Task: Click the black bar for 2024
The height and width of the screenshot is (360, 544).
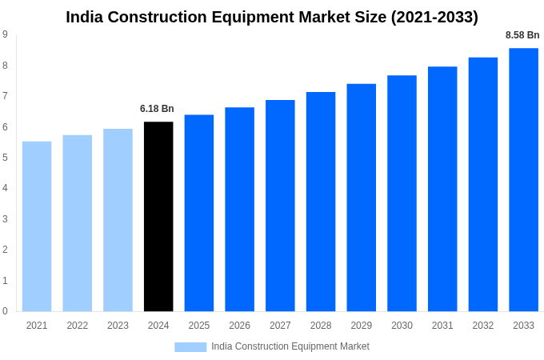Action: click(158, 216)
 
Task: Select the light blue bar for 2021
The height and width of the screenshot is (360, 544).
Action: click(37, 226)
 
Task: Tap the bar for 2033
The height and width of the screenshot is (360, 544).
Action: click(523, 179)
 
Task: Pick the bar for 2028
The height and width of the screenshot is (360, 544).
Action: click(321, 202)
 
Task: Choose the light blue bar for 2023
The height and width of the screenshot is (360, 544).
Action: click(118, 220)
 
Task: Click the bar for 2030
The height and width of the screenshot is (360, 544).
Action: click(402, 193)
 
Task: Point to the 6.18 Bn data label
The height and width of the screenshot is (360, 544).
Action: click(157, 109)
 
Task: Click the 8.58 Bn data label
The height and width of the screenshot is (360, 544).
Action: click(522, 35)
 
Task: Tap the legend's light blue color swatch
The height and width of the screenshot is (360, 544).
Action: click(190, 347)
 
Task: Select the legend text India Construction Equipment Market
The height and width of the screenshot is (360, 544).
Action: click(290, 346)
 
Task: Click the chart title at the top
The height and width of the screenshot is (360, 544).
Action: click(272, 17)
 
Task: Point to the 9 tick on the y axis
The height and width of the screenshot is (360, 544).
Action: click(5, 34)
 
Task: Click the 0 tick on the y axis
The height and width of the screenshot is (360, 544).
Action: click(5, 311)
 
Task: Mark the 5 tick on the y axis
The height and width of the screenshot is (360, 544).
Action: click(5, 158)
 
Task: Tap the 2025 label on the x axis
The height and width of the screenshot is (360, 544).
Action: click(199, 326)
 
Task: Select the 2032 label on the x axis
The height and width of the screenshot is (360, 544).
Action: click(482, 326)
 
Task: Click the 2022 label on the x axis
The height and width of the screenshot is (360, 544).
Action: click(78, 326)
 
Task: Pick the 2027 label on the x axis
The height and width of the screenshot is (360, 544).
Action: click(280, 326)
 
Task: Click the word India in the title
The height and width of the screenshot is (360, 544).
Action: click(86, 17)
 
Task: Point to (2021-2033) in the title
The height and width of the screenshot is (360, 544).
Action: click(434, 17)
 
